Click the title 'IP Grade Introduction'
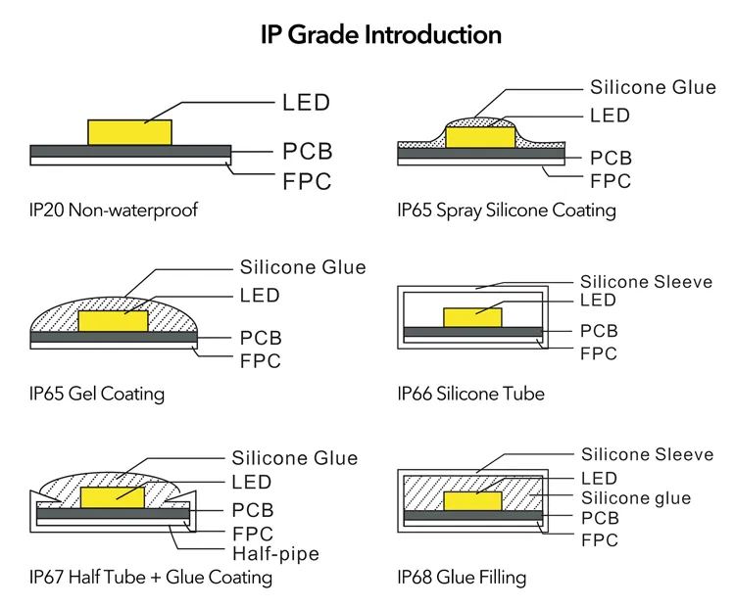[x=380, y=35]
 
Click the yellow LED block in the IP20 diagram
[x=129, y=133]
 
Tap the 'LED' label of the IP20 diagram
[x=306, y=102]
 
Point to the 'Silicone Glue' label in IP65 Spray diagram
[x=653, y=87]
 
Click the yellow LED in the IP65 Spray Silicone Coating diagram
[x=480, y=137]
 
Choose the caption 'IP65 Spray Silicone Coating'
[x=507, y=210]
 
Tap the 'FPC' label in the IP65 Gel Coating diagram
[x=261, y=361]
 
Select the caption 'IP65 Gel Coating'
[x=97, y=395]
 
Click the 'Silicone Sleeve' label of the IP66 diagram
[x=646, y=282]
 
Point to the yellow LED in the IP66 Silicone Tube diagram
[x=472, y=316]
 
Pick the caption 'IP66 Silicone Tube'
[x=470, y=395]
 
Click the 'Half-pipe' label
[x=275, y=554]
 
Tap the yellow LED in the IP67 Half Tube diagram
[x=113, y=495]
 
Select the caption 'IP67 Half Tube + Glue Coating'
[x=151, y=578]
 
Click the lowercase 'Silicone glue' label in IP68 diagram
[x=635, y=498]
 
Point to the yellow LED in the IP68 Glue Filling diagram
[x=472, y=500]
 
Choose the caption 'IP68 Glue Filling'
[x=462, y=578]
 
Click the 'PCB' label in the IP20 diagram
[x=308, y=152]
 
